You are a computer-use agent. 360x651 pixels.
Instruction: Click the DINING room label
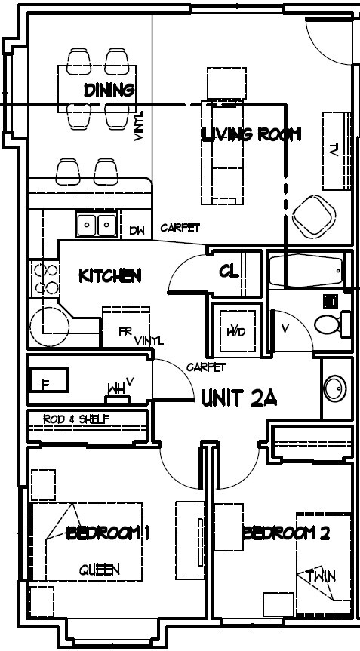point(109,91)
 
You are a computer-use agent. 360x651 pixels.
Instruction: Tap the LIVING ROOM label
point(251,135)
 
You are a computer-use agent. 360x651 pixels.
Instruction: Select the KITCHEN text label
point(110,275)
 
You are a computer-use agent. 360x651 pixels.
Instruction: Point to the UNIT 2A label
point(239,398)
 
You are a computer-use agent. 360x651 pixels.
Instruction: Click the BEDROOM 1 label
point(108,533)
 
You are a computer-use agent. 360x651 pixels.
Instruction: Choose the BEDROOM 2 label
point(286,533)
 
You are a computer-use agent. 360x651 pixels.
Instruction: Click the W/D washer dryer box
point(235,330)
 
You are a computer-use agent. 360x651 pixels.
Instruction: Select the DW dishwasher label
point(137,231)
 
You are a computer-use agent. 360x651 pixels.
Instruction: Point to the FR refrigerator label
point(125,331)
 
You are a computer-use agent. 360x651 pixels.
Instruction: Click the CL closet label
point(229,271)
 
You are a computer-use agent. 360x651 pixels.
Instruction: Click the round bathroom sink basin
point(334,388)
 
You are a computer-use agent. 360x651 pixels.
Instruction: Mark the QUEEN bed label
point(99,570)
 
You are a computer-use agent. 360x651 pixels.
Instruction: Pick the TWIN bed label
point(321,576)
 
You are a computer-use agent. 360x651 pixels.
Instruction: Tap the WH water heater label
point(115,389)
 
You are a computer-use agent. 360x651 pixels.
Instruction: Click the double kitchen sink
point(96,225)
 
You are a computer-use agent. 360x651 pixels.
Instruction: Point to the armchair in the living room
point(313,216)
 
